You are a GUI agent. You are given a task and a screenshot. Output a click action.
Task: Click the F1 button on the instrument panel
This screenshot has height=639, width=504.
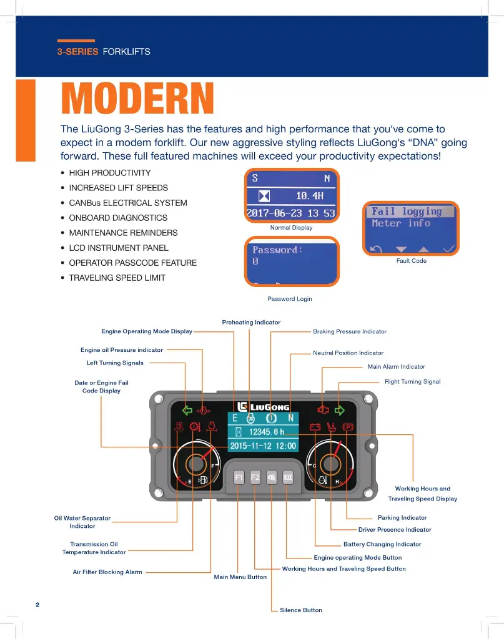(x=239, y=478)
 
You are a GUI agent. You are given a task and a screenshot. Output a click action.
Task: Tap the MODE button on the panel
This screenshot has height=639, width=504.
(x=288, y=478)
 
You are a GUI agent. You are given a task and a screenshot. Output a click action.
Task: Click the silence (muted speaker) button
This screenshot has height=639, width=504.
(x=272, y=478)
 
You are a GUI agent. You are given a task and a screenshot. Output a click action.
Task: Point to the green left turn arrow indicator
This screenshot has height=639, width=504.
(x=186, y=411)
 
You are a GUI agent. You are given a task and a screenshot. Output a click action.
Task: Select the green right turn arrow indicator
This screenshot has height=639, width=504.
(x=340, y=411)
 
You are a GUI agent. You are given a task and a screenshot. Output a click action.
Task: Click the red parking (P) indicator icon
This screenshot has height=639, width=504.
(x=348, y=427)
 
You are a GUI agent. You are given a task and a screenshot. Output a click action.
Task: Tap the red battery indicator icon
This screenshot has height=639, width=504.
(x=315, y=428)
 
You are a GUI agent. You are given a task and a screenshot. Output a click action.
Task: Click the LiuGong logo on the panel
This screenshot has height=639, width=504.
(x=264, y=407)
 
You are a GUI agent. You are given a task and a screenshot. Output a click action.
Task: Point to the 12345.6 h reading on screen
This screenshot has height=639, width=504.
(x=266, y=432)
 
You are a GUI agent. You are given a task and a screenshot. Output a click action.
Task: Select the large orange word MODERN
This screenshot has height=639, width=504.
(x=137, y=99)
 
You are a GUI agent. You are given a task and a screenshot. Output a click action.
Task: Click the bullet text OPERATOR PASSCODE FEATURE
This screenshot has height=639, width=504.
(x=132, y=263)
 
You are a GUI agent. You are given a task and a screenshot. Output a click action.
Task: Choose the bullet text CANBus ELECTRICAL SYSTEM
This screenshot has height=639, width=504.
(x=127, y=203)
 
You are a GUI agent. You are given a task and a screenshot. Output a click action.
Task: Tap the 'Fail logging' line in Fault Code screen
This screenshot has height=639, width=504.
(x=407, y=212)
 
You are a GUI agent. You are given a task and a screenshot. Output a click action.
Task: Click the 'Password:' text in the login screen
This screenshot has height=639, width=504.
(x=277, y=250)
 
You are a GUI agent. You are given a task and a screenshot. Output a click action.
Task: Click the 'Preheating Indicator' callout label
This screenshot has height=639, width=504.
(x=251, y=322)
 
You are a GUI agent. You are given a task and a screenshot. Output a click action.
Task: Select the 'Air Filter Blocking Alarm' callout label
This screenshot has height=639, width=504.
(x=107, y=572)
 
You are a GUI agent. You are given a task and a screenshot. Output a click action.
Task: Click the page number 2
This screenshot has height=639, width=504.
(x=37, y=605)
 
